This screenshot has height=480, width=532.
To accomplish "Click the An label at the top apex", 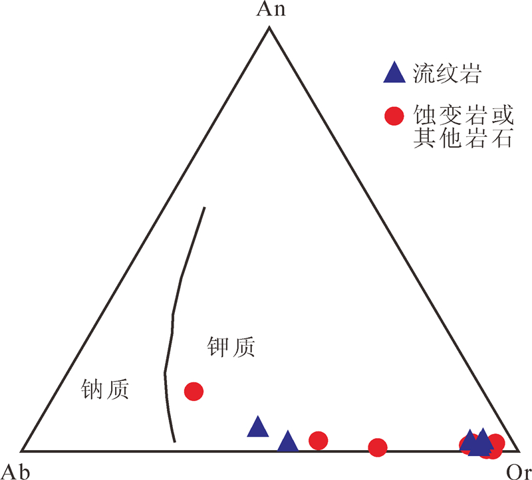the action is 268,10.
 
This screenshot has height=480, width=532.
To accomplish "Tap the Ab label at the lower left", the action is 15,470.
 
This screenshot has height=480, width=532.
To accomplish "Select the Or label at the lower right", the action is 517,471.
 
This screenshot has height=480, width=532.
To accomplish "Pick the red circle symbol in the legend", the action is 394,116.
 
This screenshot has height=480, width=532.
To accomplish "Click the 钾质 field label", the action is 229,346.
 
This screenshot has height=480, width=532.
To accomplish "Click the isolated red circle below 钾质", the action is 194,391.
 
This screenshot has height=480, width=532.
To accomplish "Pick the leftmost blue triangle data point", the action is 257,427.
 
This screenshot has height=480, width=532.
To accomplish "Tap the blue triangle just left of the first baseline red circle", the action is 288,441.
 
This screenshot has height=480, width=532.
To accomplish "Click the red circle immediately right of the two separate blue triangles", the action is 319,440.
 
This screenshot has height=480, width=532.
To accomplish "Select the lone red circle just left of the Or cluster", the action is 377,447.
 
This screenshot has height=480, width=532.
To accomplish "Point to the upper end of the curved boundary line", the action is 204,207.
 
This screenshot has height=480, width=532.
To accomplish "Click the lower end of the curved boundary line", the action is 174,441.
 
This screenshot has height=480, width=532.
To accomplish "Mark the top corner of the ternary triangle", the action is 269,27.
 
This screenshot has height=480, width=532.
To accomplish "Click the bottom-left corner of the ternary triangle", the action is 23,451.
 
